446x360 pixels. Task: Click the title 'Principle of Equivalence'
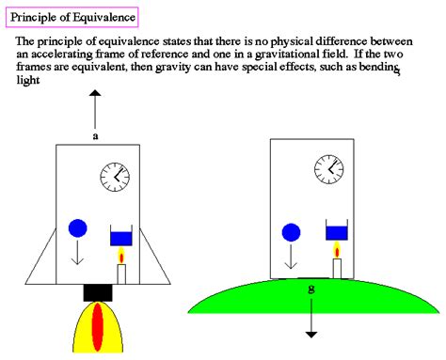[72, 16]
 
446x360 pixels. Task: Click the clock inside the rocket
[116, 175]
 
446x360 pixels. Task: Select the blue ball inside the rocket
[77, 228]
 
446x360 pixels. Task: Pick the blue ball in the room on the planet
[291, 231]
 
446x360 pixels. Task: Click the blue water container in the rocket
[121, 237]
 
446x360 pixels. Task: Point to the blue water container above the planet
[338, 232]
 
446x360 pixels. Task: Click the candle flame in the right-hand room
[338, 249]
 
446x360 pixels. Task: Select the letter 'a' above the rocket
[95, 135]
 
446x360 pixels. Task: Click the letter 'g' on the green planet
[311, 289]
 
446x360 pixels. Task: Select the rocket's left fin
[42, 259]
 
